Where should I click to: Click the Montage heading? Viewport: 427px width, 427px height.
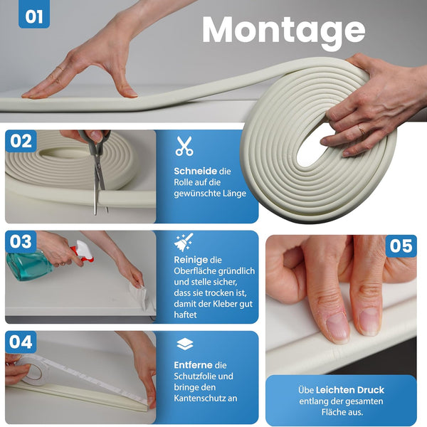[x=283, y=31]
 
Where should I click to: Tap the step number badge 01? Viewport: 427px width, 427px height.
[x=34, y=14]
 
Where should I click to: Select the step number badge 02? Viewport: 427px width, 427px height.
[x=21, y=141]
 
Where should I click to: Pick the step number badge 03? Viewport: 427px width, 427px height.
[x=21, y=241]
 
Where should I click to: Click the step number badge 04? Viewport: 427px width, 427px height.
[x=21, y=342]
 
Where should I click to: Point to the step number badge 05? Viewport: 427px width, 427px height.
[x=401, y=246]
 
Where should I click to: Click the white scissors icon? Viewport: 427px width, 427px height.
[x=184, y=146]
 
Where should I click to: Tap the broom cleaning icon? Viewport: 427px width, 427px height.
[x=184, y=242]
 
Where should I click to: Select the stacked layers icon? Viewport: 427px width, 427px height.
[x=185, y=344]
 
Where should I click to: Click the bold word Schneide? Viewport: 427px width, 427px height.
[x=195, y=171]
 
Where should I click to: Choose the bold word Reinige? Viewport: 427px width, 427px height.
[x=191, y=260]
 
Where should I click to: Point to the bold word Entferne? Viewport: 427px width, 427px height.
[x=193, y=365]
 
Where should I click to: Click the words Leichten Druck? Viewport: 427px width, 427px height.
[x=350, y=390]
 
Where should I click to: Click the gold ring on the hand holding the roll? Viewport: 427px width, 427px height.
[x=362, y=129]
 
